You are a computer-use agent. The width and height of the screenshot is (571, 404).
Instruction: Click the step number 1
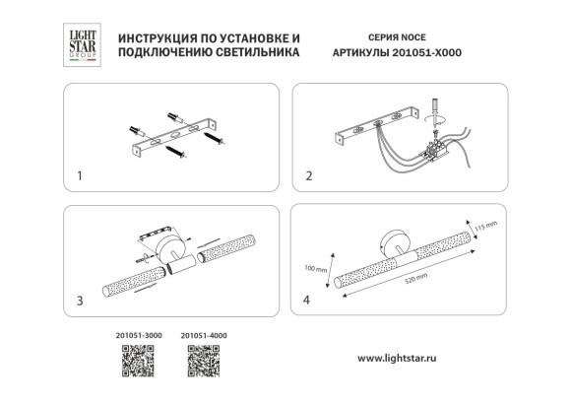79,177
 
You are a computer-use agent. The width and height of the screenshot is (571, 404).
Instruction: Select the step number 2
309,177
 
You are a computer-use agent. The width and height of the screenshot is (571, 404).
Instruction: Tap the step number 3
79,298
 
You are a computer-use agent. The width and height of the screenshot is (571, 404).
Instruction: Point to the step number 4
309,298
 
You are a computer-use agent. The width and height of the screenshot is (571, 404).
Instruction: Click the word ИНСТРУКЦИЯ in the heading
158,34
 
